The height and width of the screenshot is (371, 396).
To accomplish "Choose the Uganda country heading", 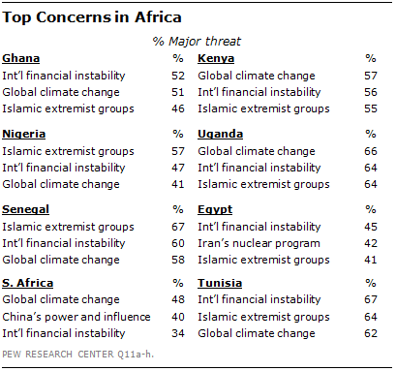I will (221, 135).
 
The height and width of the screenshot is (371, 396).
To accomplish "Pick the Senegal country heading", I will (28, 210).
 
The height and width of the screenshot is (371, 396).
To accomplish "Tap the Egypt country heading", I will (215, 210).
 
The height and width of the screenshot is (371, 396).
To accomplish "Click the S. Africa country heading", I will (29, 286).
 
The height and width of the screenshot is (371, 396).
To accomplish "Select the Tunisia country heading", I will (219, 286).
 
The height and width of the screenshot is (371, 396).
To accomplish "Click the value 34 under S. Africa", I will (177, 333).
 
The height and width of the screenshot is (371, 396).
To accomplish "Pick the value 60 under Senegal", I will (177, 242).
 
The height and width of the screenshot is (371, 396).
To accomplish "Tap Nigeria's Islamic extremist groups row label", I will (59, 150).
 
